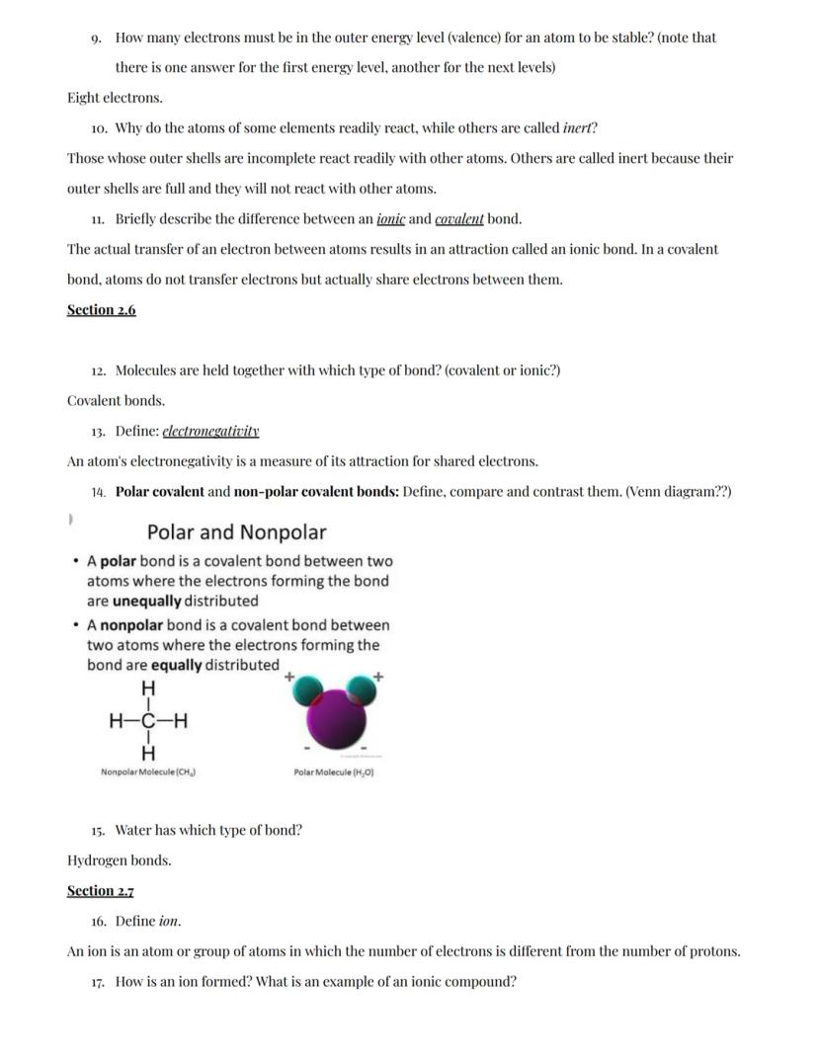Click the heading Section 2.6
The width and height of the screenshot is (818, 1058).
tap(101, 310)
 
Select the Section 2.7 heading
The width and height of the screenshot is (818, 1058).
tap(101, 891)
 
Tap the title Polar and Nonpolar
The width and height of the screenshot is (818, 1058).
tap(236, 532)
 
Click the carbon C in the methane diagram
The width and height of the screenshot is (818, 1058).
tap(148, 720)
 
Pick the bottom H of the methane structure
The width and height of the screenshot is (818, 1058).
tap(148, 754)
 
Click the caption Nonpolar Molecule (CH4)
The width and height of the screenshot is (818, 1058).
tap(147, 773)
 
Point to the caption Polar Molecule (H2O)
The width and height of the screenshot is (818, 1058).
tap(333, 773)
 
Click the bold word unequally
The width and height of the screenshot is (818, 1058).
tap(147, 601)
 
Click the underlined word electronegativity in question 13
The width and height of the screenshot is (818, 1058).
tap(210, 432)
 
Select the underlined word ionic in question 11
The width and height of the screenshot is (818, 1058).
tap(391, 219)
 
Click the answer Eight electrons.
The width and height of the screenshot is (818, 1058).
tap(115, 98)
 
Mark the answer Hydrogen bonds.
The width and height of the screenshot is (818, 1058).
tap(119, 860)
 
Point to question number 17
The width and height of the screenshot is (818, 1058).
tap(98, 983)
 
